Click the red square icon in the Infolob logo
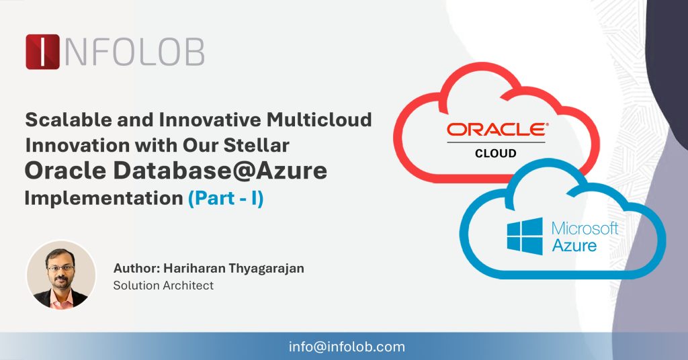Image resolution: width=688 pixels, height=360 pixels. tap(43, 52)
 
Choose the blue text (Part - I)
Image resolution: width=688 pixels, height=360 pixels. tap(225, 199)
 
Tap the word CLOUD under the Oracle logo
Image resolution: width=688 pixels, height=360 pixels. tap(496, 153)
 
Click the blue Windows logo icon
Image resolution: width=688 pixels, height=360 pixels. tap(525, 236)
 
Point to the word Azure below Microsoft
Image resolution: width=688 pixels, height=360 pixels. tap(574, 245)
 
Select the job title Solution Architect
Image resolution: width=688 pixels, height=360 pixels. tap(163, 285)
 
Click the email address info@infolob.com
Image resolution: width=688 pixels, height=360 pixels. tap(347, 347)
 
